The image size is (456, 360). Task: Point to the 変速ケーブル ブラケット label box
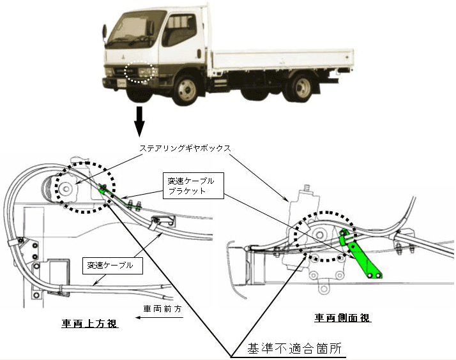pos(188,186)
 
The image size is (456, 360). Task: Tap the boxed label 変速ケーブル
pos(112,265)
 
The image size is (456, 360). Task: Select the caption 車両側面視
pos(343,317)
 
